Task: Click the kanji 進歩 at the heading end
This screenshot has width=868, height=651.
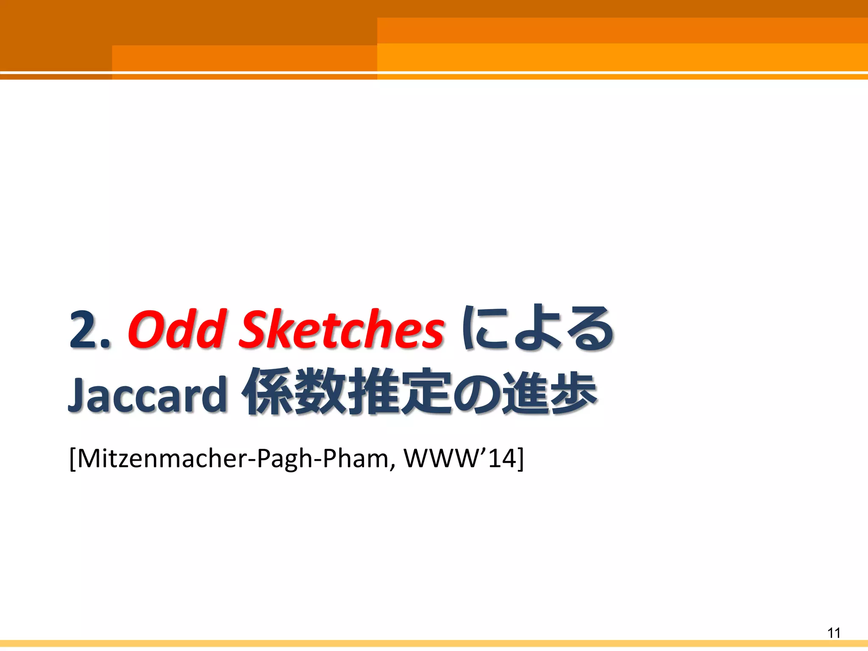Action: (548, 392)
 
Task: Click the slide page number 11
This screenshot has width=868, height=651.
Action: (834, 633)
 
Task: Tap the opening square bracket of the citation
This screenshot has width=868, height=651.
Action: (72, 459)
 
